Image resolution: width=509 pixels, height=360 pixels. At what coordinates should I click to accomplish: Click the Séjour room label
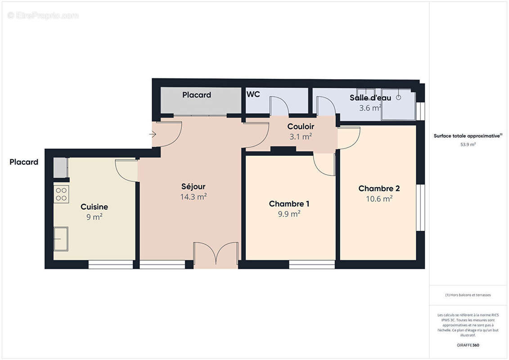pos(193,186)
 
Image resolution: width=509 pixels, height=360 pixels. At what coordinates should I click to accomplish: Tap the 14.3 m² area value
pos(193,197)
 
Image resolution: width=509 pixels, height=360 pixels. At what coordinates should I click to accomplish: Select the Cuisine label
pos(94,207)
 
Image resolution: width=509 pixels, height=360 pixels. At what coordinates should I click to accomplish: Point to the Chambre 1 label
pos(289,204)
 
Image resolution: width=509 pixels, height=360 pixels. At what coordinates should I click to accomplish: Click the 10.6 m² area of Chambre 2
pos(379,199)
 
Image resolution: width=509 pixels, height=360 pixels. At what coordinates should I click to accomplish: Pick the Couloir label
pos(301,127)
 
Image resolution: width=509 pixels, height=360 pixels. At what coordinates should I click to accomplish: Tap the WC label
pos(253,94)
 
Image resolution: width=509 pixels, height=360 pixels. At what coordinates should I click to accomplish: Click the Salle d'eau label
pos(370,98)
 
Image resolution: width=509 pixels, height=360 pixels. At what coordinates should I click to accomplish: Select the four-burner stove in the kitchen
pos(61,194)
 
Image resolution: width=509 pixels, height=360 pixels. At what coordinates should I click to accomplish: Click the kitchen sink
pos(61,238)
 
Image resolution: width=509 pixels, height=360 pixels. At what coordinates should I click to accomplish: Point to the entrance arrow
pos(153,134)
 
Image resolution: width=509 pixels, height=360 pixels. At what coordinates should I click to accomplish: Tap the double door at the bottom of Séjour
pos(216,255)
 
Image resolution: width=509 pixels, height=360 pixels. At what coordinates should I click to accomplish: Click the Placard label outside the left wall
pos(24,162)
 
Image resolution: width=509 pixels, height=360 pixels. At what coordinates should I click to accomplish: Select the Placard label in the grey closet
pos(197,95)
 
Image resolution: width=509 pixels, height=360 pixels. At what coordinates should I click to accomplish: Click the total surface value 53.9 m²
pos(468,144)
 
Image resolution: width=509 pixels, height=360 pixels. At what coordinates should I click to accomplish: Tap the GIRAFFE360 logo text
pos(468,345)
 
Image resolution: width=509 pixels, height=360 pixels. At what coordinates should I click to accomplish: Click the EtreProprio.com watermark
pos(43,16)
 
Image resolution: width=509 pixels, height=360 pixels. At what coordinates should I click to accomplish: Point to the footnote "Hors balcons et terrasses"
pos(468,295)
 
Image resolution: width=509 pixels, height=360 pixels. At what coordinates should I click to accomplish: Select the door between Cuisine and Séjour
pos(126,170)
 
